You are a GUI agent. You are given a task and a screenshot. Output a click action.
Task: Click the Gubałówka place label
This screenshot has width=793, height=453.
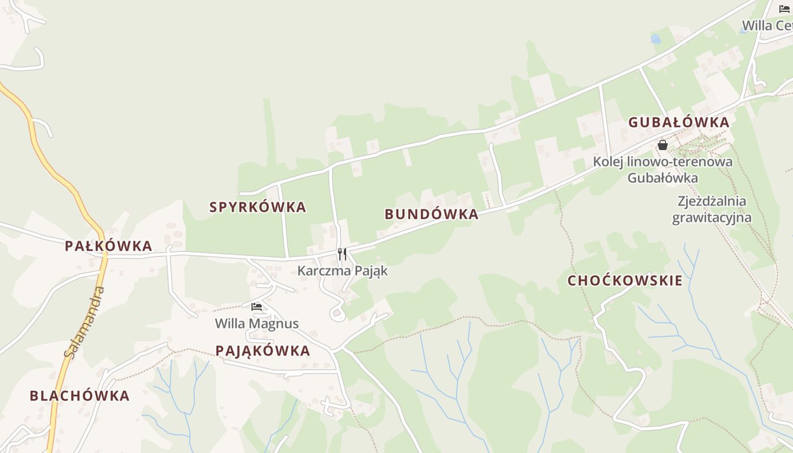tap(679, 122)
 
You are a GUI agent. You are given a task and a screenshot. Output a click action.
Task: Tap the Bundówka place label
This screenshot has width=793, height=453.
tap(432, 214)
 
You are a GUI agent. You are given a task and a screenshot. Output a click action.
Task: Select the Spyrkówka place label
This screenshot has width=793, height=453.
tap(258, 207)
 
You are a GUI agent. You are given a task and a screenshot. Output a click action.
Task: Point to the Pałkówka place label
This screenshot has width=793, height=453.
tap(108, 246)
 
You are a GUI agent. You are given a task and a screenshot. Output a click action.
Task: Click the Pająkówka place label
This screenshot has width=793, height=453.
tap(263, 351)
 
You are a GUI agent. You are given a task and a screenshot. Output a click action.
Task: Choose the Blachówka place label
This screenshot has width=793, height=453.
tap(80, 396)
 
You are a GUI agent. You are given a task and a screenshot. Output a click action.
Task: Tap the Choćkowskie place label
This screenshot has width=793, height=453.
tap(625, 281)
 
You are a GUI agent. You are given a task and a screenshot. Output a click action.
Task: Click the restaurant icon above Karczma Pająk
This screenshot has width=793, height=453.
tap(342, 254)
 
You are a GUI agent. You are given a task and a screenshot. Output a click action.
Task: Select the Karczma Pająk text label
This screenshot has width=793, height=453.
tap(343, 271)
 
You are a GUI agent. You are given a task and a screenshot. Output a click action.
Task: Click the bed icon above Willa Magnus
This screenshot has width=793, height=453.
tap(257, 307)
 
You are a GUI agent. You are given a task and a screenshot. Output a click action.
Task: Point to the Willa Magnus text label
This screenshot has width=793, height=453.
tap(257, 324)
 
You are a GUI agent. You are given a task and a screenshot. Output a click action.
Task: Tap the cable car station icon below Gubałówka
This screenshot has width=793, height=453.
tap(663, 145)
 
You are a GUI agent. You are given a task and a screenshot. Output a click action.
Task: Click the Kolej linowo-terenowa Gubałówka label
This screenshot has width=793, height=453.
tap(663, 169)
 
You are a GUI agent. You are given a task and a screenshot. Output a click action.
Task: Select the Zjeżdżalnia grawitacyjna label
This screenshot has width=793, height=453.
tap(712, 209)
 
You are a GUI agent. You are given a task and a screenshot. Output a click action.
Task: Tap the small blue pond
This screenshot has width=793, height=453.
tap(655, 39)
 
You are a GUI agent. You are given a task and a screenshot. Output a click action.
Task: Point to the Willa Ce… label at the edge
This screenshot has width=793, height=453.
tap(767, 25)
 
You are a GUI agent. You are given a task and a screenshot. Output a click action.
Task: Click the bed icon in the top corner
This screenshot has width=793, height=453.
tap(785, 8)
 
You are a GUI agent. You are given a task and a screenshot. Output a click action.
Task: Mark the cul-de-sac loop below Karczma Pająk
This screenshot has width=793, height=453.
tap(337, 313)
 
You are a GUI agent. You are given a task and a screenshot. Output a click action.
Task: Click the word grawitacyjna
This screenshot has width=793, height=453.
tap(712, 217)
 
